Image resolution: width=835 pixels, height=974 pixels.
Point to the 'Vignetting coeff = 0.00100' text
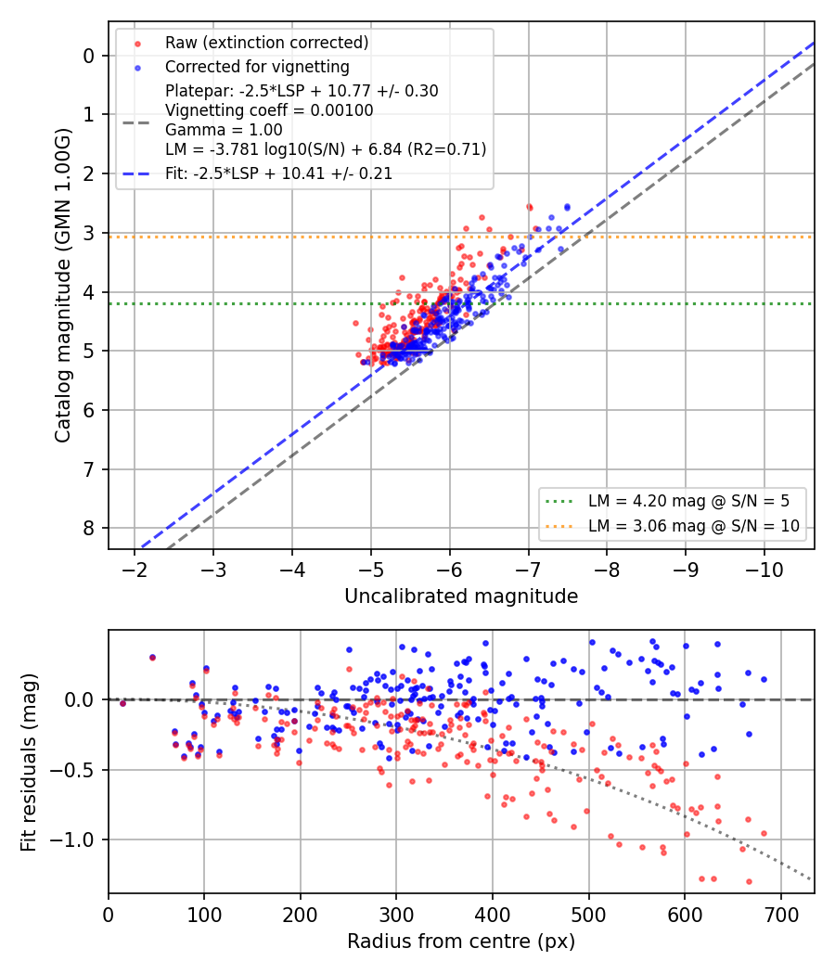pos(269,110)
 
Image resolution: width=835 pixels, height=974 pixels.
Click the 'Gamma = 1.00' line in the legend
pos(224,130)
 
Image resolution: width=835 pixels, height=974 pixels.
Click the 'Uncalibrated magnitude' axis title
pos(461,596)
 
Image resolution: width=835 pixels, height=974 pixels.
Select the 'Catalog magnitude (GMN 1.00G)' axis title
pos(63,286)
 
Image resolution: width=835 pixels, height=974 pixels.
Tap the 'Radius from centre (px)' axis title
pos(461,942)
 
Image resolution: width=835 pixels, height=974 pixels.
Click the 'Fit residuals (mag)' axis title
pos(29,763)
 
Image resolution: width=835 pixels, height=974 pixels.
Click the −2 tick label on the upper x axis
pos(135,570)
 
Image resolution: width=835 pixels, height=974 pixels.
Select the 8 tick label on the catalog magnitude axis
pos(89,528)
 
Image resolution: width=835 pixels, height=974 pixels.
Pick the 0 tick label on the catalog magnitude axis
pos(89,56)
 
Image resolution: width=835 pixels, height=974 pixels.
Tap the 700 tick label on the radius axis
pos(780,915)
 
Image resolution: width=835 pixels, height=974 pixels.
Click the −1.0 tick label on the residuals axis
pos(71,839)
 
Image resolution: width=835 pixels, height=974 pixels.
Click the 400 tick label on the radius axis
pos(493,915)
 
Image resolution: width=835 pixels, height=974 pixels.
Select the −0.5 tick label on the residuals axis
pos(71,770)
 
